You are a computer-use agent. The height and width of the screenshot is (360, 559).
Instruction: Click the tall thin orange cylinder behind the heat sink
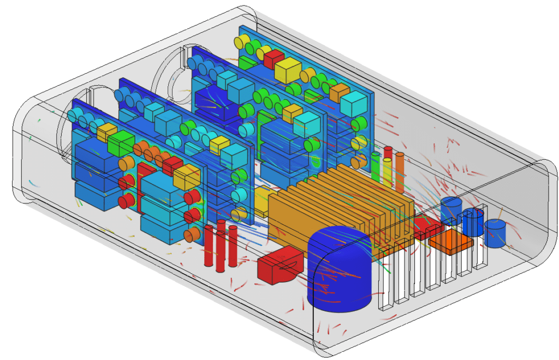pos(400,172)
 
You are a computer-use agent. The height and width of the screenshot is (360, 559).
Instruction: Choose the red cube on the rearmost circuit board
pos(273,58)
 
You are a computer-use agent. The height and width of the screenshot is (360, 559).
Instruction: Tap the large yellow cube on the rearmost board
pos(288,71)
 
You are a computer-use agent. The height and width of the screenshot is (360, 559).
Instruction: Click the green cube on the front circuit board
pos(121,144)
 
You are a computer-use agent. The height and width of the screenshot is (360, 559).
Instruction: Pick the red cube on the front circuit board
pos(173,163)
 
